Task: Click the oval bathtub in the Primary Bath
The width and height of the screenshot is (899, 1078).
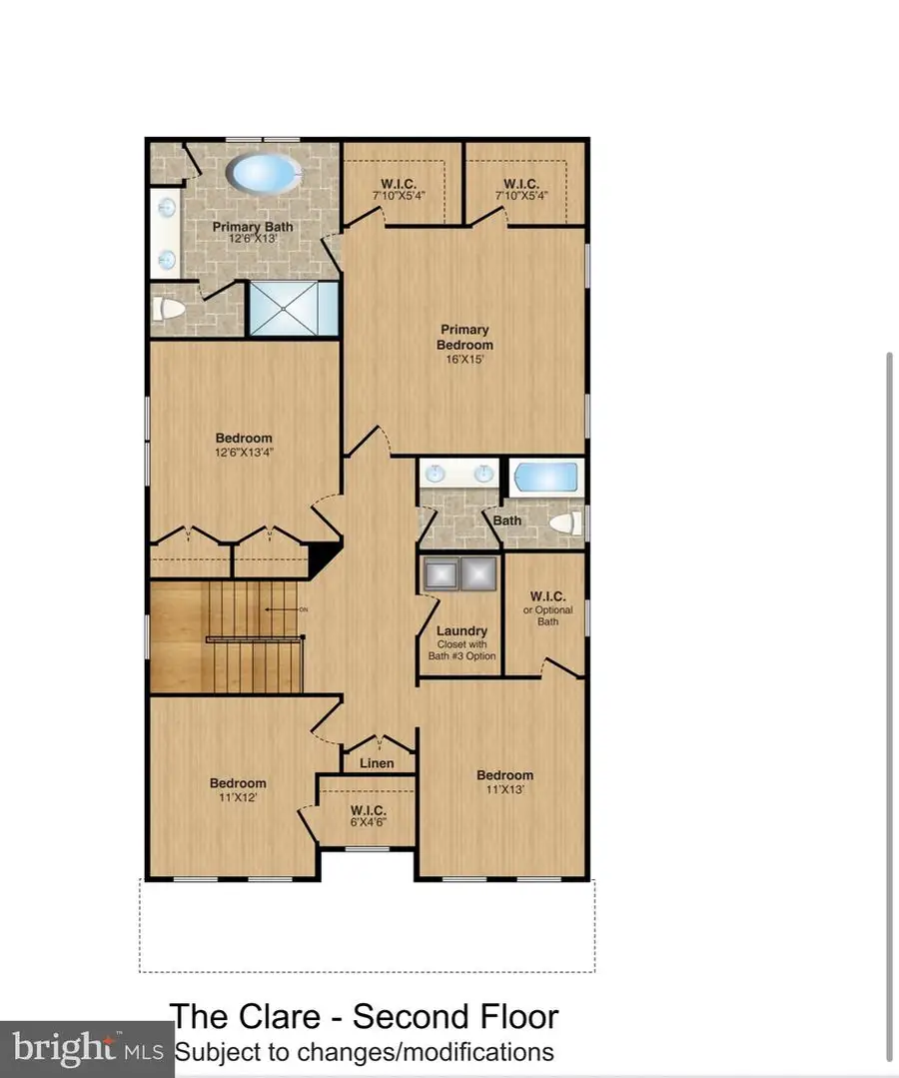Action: click(265, 174)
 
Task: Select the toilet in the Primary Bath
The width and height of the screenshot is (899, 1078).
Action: click(170, 310)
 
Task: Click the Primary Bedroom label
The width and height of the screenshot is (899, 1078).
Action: click(464, 337)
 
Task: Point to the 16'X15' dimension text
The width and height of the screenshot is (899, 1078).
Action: click(464, 360)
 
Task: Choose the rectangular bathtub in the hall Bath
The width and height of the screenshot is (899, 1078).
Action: click(545, 477)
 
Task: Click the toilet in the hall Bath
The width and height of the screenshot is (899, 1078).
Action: click(566, 523)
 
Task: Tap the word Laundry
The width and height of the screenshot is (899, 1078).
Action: click(461, 630)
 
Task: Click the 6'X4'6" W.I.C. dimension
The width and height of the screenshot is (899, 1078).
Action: click(368, 822)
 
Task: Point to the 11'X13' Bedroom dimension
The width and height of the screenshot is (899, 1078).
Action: click(504, 789)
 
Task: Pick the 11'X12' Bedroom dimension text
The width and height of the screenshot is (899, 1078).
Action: click(238, 797)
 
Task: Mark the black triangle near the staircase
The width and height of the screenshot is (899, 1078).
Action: click(323, 558)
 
